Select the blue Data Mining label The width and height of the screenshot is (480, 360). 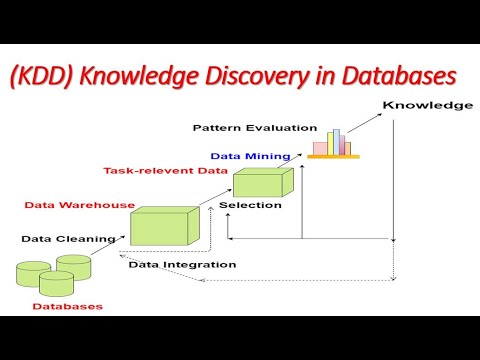tap(250, 156)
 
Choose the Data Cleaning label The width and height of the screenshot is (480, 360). tap(62, 239)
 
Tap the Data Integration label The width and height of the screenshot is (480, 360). tap(182, 264)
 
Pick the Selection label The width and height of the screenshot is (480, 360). tap(249, 205)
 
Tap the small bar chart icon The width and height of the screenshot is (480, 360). tap(333, 143)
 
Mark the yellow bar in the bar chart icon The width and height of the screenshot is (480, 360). tap(347, 148)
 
